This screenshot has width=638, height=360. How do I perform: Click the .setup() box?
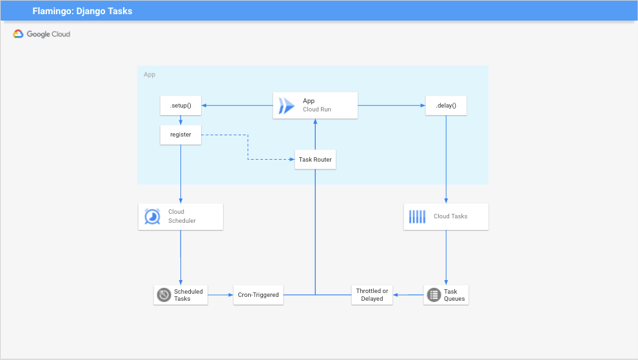[180, 106]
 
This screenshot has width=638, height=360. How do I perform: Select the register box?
[180, 135]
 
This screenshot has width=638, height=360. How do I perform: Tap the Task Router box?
[315, 160]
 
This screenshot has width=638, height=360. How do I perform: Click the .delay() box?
[446, 106]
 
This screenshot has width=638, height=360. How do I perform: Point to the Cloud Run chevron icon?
[286, 106]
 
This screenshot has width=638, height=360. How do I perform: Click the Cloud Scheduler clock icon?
[152, 217]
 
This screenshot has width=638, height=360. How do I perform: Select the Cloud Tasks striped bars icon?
[417, 217]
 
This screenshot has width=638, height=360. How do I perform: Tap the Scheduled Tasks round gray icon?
[164, 295]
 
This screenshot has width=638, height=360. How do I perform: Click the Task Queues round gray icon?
[434, 295]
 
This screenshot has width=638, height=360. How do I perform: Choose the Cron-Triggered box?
[258, 295]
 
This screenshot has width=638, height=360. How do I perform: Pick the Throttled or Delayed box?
[372, 295]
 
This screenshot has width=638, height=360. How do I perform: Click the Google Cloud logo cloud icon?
[18, 34]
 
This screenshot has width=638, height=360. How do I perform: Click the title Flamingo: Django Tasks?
[82, 11]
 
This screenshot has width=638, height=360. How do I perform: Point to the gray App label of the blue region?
[150, 75]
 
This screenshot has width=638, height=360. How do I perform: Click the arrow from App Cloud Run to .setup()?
[237, 106]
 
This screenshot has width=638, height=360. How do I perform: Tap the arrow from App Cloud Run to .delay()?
[391, 106]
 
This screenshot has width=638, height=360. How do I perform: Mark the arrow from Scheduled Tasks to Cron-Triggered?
[220, 295]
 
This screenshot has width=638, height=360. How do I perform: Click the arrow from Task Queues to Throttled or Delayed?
[408, 295]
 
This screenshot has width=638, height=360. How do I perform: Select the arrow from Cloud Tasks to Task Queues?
[446, 258]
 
